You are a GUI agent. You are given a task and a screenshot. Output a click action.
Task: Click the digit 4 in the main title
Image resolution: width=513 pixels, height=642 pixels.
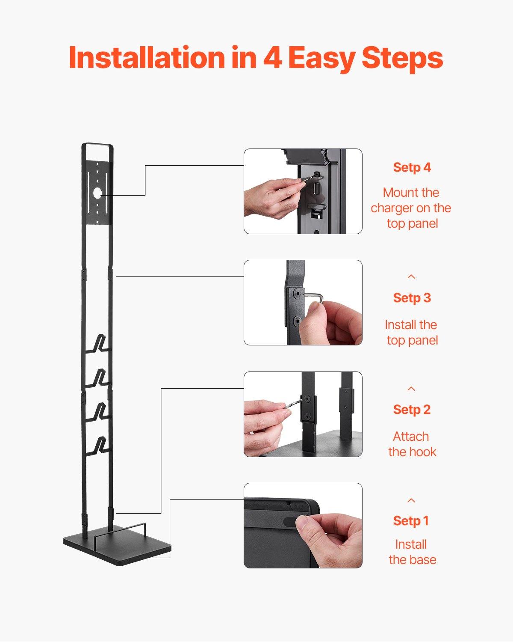pyautogui.click(x=272, y=58)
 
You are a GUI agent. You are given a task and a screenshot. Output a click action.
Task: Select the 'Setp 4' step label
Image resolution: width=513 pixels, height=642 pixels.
pyautogui.click(x=412, y=167)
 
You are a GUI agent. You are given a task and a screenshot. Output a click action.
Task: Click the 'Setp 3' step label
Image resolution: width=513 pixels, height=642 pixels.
pyautogui.click(x=412, y=298)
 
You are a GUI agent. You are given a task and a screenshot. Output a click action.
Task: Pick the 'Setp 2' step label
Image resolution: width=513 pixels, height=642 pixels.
pyautogui.click(x=412, y=410)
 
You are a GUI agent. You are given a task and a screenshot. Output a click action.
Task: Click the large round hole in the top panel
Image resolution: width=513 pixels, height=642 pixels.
pyautogui.click(x=97, y=193)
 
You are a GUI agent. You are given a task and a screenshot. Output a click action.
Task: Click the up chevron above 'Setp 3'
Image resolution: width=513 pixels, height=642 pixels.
pyautogui.click(x=411, y=277)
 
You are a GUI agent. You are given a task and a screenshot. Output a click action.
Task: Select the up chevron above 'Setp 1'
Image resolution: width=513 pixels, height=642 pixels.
pyautogui.click(x=411, y=500)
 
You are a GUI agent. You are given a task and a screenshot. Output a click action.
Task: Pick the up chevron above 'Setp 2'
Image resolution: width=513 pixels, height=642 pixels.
pyautogui.click(x=411, y=389)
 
